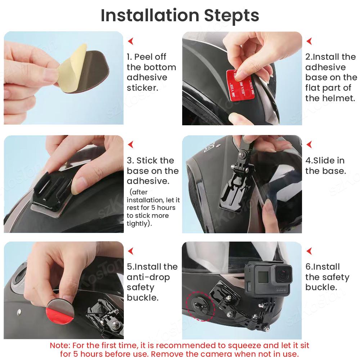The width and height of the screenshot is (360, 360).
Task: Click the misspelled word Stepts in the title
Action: (231, 15)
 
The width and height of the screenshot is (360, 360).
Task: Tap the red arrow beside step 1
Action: (131, 41)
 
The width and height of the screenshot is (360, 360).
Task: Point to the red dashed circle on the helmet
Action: (201, 306)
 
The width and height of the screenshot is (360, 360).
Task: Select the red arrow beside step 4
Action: (309, 145)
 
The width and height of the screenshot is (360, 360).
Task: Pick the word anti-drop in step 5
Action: (148, 277)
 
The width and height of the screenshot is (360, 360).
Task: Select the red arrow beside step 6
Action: (309, 251)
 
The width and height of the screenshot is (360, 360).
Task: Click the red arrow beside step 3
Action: (131, 145)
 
